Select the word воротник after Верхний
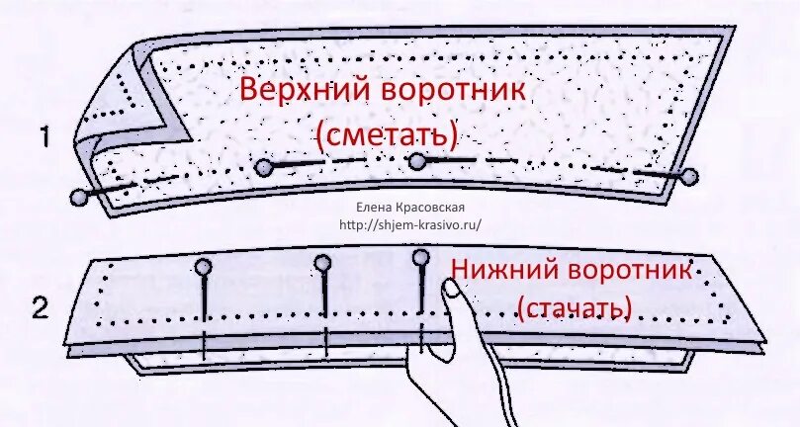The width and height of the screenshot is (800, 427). point(439,92)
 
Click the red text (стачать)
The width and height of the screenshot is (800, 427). point(575,307)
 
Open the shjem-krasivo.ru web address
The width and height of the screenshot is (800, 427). point(409,225)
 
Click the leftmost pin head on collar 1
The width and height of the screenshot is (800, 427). point(78,198)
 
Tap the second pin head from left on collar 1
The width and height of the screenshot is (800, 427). point(263,168)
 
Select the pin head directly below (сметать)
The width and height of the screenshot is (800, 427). point(417,161)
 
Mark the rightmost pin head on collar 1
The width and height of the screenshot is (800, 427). point(689,176)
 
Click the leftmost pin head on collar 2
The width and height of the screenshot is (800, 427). point(203,267)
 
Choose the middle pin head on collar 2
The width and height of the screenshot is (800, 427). point(322,263)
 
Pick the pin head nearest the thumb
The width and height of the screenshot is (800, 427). point(421,259)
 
